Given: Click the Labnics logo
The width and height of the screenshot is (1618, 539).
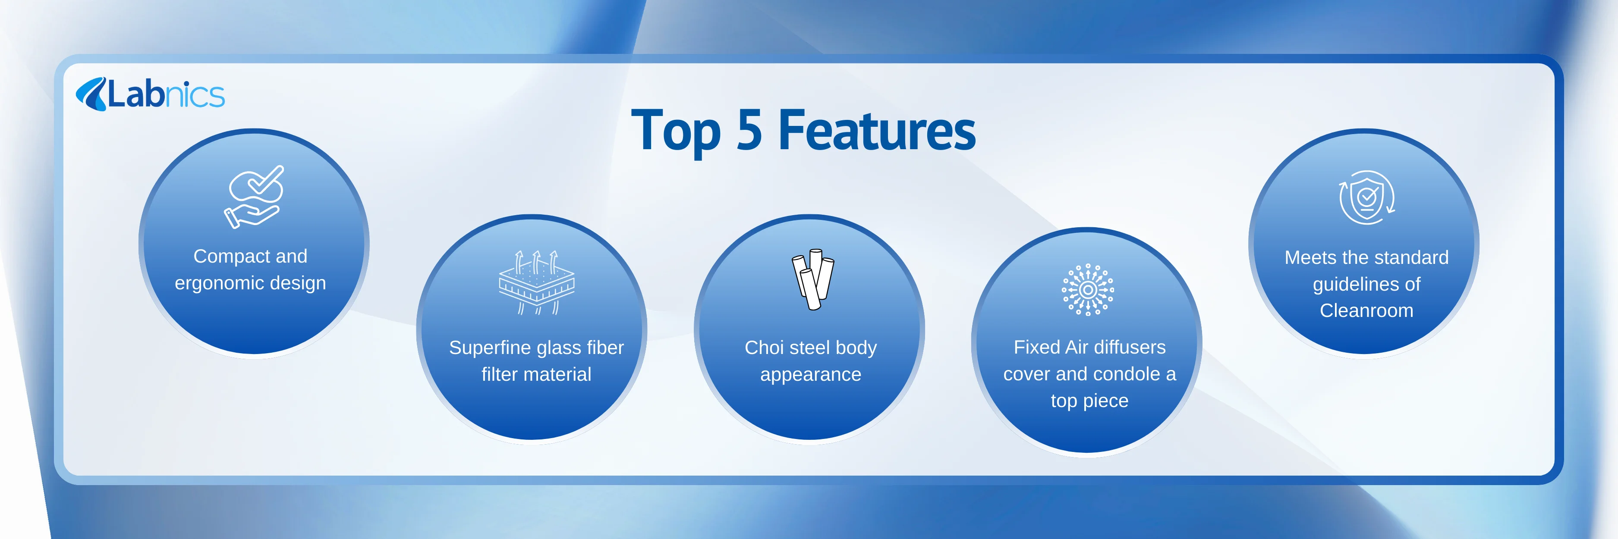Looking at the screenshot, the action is [x=150, y=94].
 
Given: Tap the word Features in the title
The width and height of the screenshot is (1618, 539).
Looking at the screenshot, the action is [x=877, y=130].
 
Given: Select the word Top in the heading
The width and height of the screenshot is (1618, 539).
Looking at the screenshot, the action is [x=676, y=132].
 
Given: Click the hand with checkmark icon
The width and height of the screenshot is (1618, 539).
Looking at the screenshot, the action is [x=254, y=196].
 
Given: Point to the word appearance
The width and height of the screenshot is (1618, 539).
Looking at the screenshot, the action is [x=810, y=375].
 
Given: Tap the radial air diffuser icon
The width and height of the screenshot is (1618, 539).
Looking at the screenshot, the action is [x=1088, y=289].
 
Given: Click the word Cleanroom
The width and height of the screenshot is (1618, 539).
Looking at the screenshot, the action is [x=1366, y=310].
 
